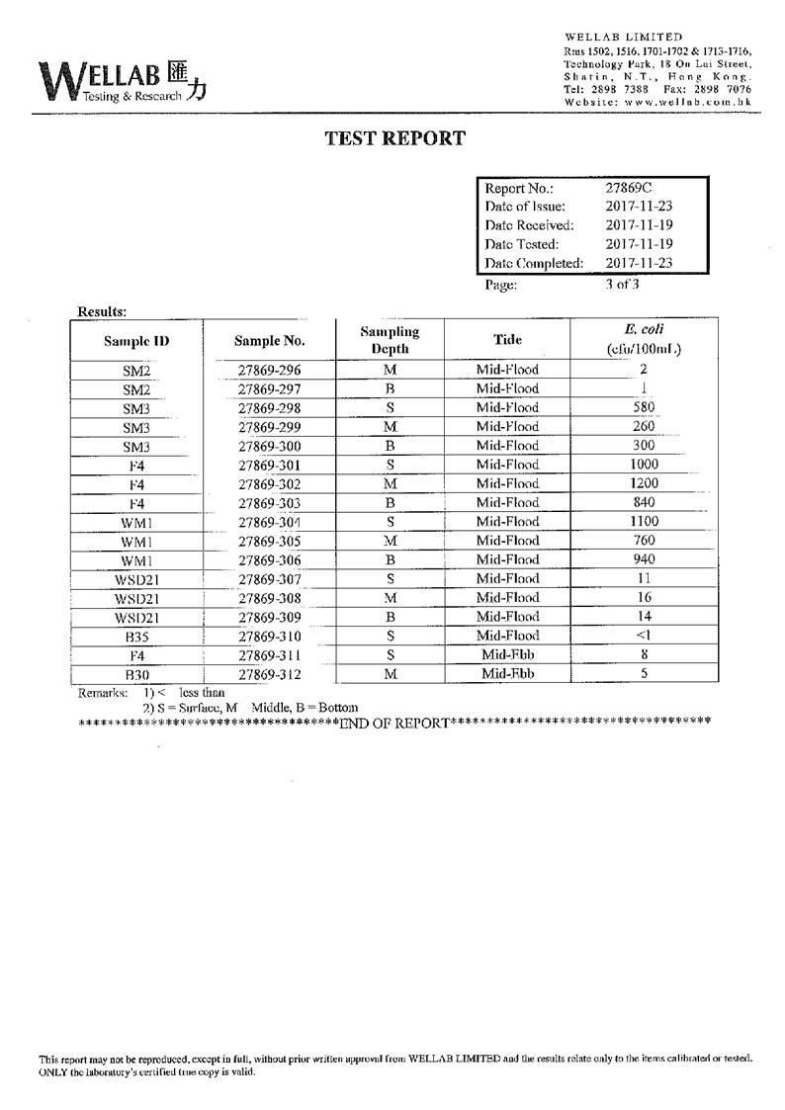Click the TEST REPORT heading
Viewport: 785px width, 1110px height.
(x=395, y=138)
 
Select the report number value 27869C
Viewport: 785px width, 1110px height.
(x=629, y=188)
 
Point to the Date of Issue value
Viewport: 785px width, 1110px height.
(x=639, y=207)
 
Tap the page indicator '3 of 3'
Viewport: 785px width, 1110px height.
(x=623, y=285)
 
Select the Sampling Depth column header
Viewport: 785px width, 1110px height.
(x=389, y=340)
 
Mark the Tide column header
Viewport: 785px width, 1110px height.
(x=507, y=339)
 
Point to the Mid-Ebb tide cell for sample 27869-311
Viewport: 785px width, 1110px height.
(x=507, y=654)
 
